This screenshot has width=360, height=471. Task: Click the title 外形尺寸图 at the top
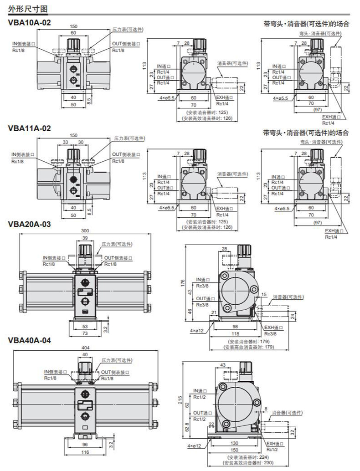[27, 8]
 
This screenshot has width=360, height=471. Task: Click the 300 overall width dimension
[85, 231]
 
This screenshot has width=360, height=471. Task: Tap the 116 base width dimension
[85, 452]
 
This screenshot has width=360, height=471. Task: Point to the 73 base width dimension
[85, 333]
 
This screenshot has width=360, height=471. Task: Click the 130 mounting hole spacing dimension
[234, 443]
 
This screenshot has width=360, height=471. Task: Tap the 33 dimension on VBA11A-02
[66, 142]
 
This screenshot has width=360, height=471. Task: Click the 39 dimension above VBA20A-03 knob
[85, 238]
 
